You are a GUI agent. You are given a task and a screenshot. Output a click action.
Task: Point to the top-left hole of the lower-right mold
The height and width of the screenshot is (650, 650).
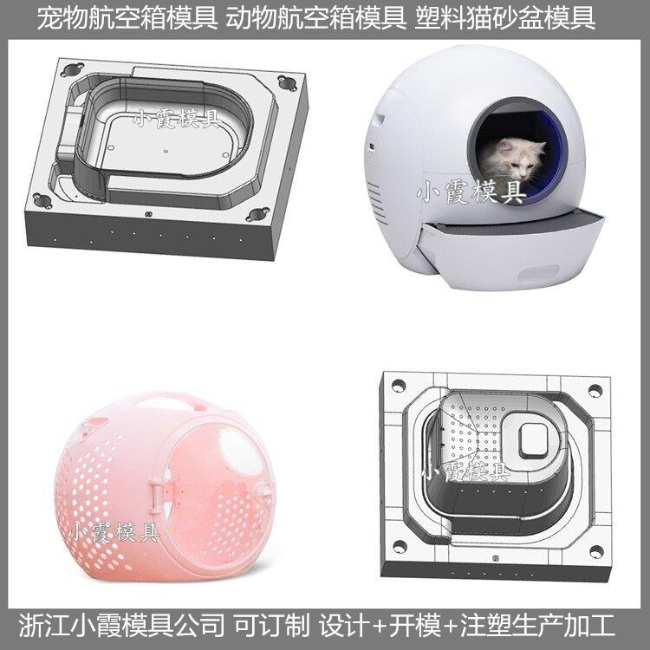[x=398, y=386]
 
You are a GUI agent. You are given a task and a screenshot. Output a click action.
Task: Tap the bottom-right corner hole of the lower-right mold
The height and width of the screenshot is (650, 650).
[x=596, y=552]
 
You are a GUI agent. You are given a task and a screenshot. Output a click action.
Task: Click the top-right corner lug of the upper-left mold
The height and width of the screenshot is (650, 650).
[x=287, y=82]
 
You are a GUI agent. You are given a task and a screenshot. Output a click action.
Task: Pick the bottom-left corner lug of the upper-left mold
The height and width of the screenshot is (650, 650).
[x=42, y=200]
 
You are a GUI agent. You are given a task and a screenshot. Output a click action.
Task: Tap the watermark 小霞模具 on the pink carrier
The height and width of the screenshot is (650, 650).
[x=114, y=532]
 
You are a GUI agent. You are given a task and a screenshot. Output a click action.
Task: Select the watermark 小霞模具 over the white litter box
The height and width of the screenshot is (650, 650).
[x=471, y=192]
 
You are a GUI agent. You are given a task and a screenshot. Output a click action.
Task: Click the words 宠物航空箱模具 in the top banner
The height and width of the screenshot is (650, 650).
[x=127, y=19]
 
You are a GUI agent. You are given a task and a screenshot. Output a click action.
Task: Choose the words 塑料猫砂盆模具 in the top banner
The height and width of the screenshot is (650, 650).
[x=505, y=19]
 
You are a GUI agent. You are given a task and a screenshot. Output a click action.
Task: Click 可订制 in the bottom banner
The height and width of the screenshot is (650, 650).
[x=272, y=626]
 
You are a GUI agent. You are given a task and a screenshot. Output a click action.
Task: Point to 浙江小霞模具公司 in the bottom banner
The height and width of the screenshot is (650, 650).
[x=122, y=626]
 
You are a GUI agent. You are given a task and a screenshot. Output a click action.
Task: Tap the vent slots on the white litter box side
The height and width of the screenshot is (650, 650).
[x=375, y=202]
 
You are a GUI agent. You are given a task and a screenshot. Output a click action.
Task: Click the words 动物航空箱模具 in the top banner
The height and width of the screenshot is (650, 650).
[x=315, y=19]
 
